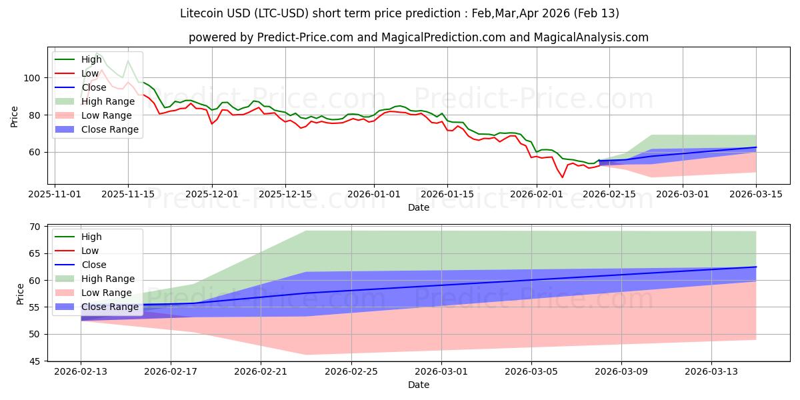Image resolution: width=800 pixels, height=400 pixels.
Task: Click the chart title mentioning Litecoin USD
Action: (399, 13)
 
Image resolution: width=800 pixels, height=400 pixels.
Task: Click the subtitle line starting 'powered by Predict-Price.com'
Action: (418, 37)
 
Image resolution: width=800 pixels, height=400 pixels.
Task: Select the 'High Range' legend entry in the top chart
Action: (105, 101)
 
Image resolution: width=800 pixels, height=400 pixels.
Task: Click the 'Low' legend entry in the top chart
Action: (90, 73)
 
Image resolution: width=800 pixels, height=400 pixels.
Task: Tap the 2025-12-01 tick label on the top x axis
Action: (212, 194)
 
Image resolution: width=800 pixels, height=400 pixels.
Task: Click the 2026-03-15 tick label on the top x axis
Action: (756, 194)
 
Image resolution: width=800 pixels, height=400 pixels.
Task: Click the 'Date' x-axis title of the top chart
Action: (418, 207)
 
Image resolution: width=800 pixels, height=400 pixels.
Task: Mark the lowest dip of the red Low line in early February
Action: (562, 177)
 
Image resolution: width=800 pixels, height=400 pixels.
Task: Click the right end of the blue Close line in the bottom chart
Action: (756, 267)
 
